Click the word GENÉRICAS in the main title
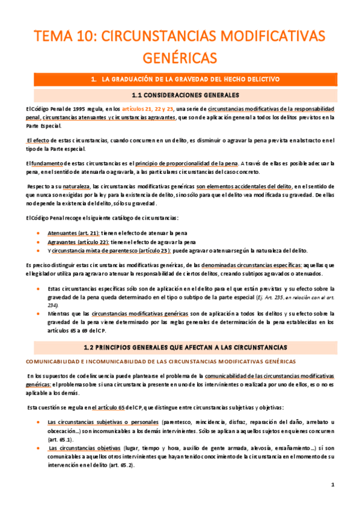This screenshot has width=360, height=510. coord(180,58)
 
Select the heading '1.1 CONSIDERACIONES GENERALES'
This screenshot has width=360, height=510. coord(180,95)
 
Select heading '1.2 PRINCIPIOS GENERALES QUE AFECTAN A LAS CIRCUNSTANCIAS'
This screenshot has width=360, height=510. coord(180,347)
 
